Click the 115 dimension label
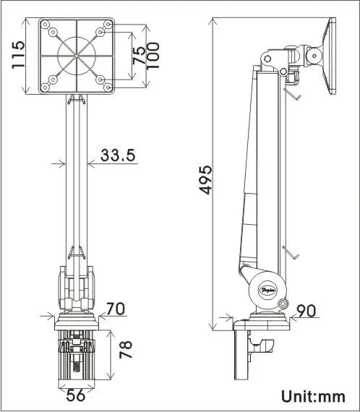20,53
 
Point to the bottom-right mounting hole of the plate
107,87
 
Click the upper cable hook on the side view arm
291,93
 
